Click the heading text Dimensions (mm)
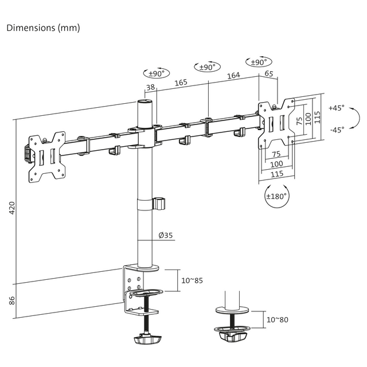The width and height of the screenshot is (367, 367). pos(43,28)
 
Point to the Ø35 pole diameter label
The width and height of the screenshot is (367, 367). pos(166,236)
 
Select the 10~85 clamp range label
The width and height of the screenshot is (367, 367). pos(192,280)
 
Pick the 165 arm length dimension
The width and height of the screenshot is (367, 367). pos(181,83)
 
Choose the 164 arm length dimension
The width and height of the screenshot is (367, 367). pos(233,76)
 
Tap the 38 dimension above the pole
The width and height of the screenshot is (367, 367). pos(150,87)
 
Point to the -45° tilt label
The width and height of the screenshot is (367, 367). pos(337,130)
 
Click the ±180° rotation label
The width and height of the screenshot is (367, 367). pos(276,196)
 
